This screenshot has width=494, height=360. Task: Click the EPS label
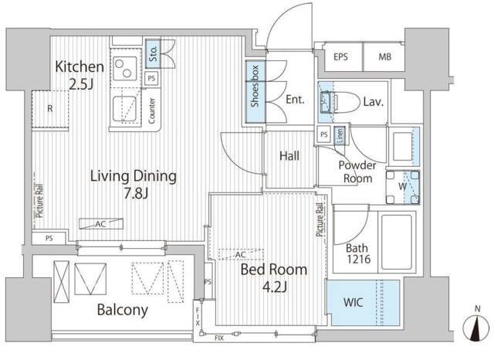[340, 57]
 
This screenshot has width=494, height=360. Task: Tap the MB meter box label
[384, 57]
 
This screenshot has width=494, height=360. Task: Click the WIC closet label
[353, 302]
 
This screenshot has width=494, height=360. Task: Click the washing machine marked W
[403, 187]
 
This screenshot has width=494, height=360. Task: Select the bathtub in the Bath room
[396, 242]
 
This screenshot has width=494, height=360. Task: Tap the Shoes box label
[255, 86]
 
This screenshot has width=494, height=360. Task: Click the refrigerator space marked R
[50, 109]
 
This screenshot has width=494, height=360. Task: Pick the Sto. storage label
[153, 54]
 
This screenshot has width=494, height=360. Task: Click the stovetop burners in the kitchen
[123, 68]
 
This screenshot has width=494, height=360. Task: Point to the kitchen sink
[125, 109]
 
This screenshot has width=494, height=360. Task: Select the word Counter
[151, 110]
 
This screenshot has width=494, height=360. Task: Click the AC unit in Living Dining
[101, 224]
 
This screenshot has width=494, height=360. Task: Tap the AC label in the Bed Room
[240, 254]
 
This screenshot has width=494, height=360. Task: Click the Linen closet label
[340, 136]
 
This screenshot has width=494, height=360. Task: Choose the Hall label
[289, 156]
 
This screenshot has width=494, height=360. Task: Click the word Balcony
[123, 310]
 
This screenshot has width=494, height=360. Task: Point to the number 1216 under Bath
[359, 259]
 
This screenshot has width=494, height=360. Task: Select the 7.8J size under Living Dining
[136, 193]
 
